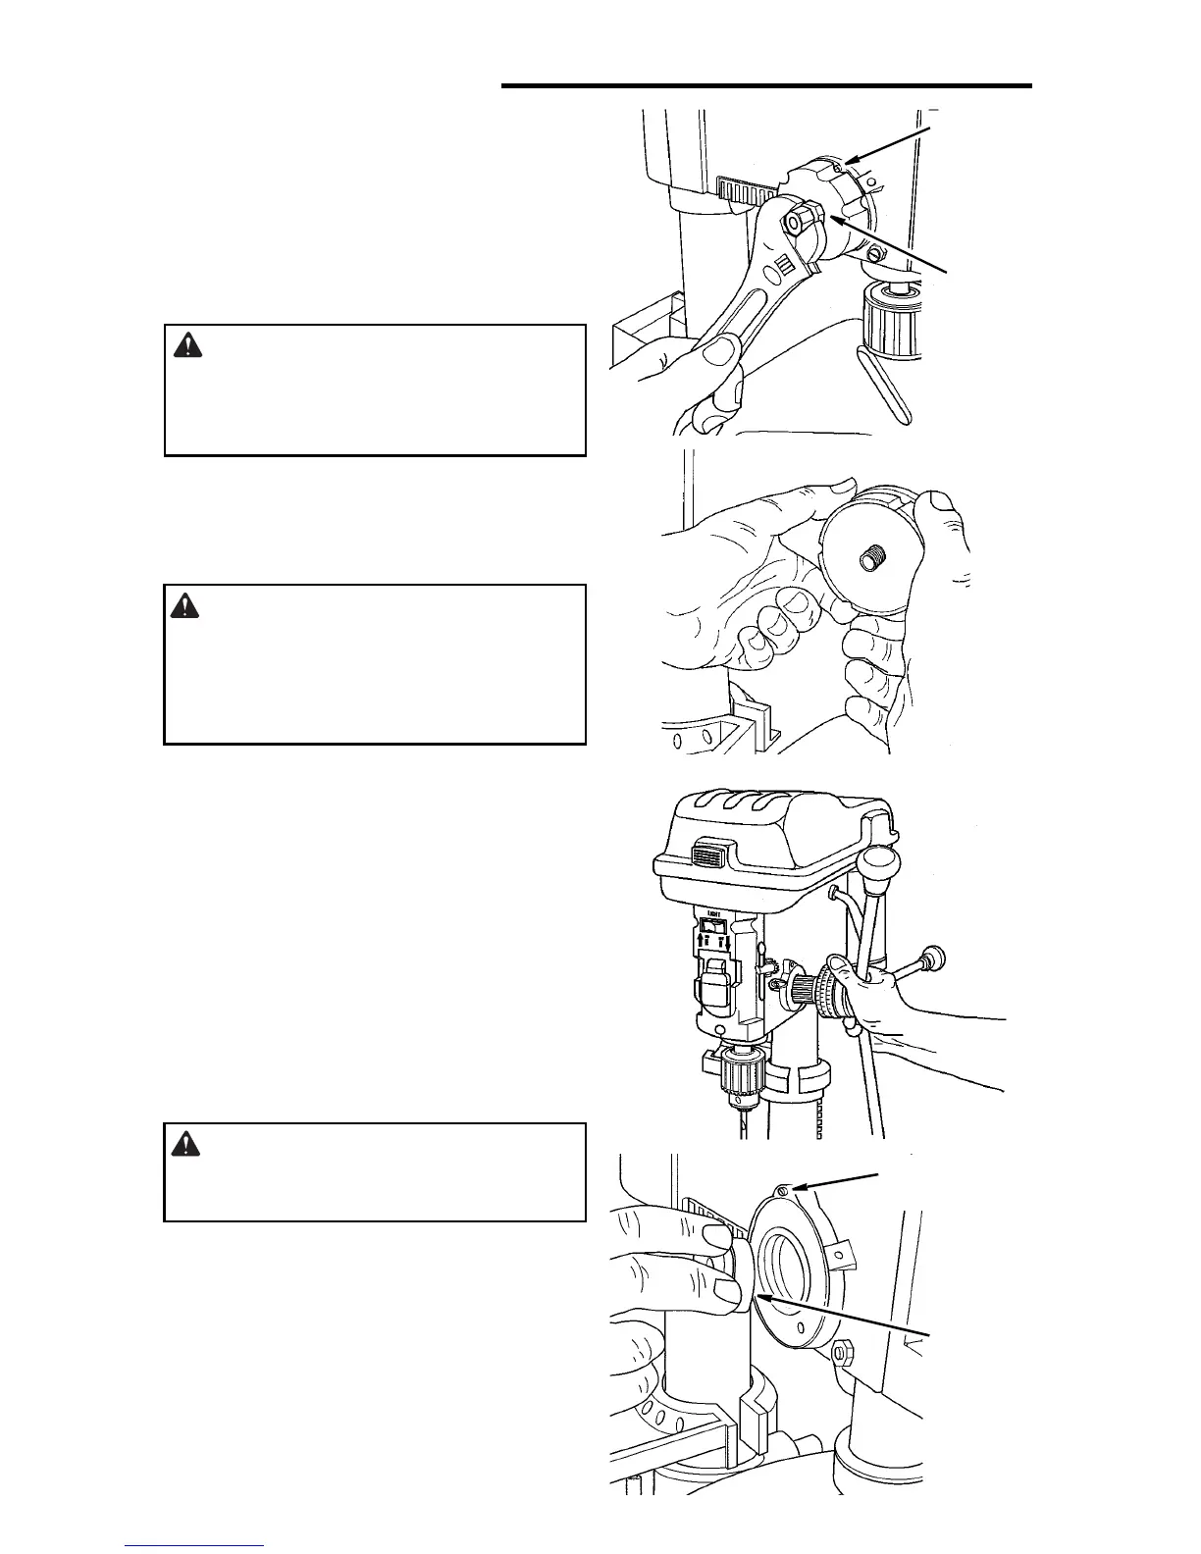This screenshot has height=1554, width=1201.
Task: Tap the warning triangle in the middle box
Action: tap(184, 606)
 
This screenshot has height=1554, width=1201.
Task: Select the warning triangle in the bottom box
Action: tap(184, 1143)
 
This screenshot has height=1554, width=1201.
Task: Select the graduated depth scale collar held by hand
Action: tap(832, 996)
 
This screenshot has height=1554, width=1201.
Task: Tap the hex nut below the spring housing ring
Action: tap(843, 1354)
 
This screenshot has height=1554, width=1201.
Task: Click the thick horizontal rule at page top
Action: tap(766, 86)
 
